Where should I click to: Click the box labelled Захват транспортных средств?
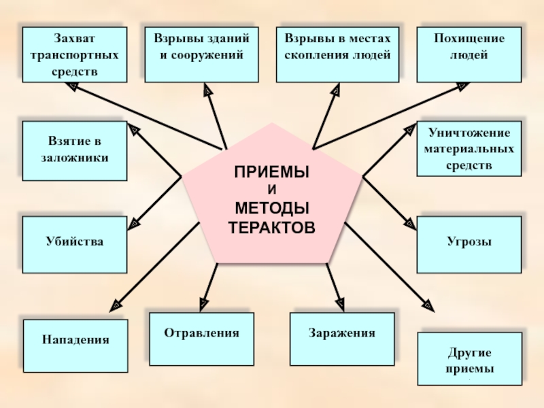tap(74, 54)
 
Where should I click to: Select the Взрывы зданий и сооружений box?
tap(201, 54)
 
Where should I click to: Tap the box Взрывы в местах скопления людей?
tap(338, 54)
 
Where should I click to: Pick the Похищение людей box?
tap(469, 54)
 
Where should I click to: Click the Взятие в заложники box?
tap(74, 150)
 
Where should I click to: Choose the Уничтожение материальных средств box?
tap(469, 148)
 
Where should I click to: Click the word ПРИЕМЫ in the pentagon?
tap(272, 173)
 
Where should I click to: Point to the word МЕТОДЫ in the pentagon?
tap(272, 207)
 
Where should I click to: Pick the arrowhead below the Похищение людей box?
tap(462, 87)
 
